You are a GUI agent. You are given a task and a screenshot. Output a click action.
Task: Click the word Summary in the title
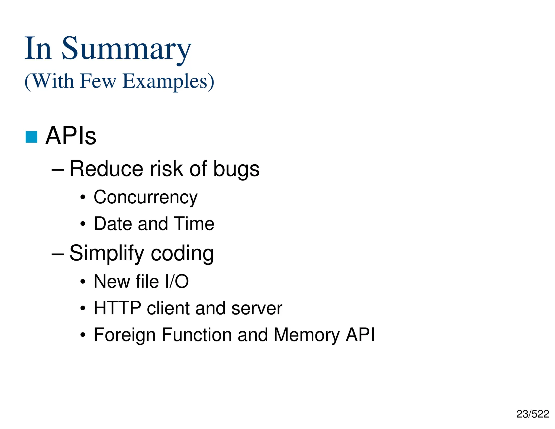pos(126,49)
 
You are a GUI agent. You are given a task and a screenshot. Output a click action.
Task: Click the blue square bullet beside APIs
pos(31,137)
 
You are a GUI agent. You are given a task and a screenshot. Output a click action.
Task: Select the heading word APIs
pos(71,136)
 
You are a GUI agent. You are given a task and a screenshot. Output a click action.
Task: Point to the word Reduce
pos(106,169)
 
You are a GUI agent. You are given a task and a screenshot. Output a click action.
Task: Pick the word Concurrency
pos(146,197)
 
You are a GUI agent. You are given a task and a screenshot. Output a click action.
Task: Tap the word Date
pos(113,224)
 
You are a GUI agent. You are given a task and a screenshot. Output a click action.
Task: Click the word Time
pos(194,224)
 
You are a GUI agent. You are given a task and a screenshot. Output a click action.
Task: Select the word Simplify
pos(107,254)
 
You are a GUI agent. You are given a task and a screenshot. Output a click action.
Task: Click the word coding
pos(182,254)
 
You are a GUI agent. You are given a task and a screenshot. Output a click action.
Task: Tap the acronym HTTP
pos(117,308)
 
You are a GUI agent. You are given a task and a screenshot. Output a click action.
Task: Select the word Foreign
pos(125,335)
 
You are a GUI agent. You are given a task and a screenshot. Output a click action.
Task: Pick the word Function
pos(196,335)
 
